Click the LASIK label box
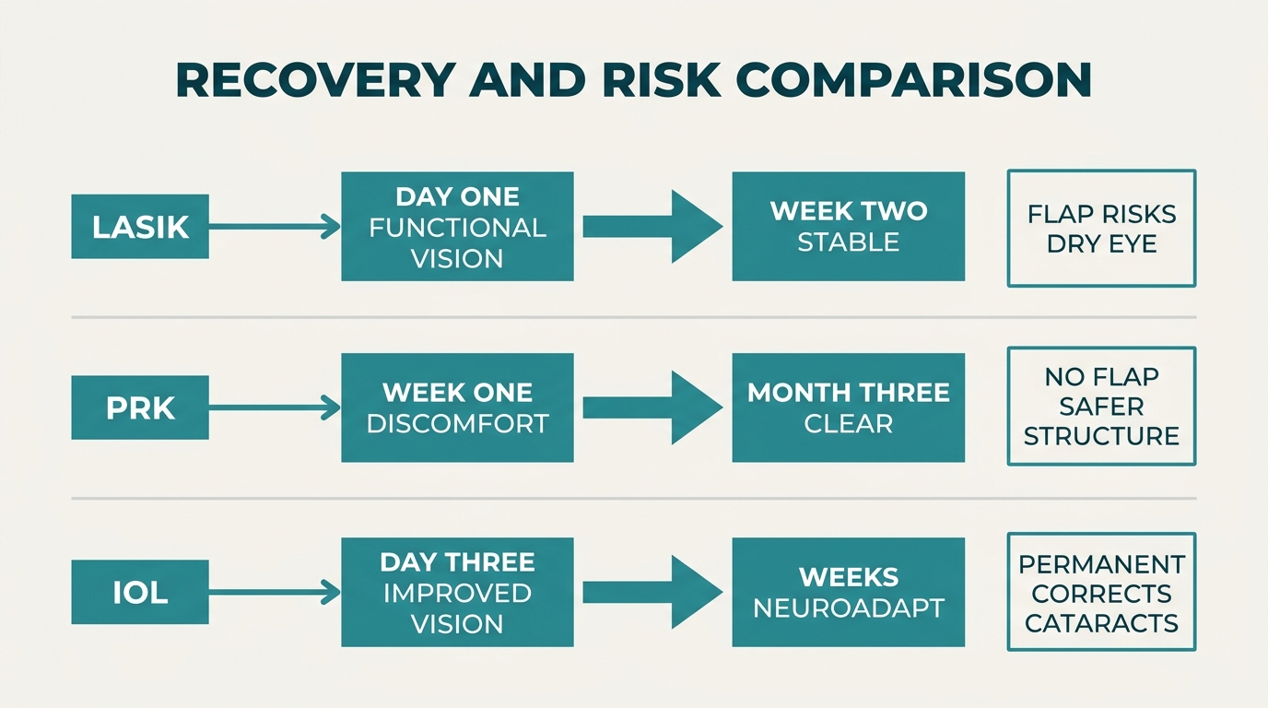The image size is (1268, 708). (140, 227)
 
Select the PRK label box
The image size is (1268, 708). (140, 407)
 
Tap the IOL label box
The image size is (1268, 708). (140, 592)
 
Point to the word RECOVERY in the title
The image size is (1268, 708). (316, 80)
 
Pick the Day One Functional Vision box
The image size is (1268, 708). (457, 227)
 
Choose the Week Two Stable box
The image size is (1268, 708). (849, 227)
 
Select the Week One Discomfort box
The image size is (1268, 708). (457, 407)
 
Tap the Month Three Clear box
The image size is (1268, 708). (849, 407)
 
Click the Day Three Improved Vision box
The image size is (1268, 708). (457, 592)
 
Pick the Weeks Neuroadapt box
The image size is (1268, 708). (849, 592)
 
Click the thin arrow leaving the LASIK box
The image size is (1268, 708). (275, 227)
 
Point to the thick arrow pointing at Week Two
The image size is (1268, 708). (653, 227)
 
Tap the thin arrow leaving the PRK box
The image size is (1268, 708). (275, 407)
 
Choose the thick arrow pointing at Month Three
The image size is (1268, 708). (653, 407)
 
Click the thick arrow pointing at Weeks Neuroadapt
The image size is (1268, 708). (653, 592)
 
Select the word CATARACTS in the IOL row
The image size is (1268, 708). (1101, 623)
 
